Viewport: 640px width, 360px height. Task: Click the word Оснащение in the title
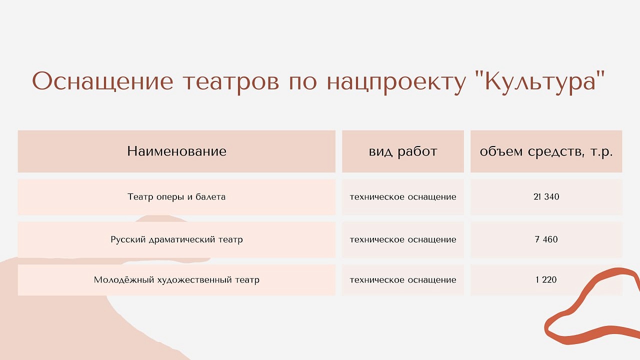[x=102, y=81]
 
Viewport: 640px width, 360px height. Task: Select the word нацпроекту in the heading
[x=396, y=83]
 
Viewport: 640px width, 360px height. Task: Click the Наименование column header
[x=176, y=151]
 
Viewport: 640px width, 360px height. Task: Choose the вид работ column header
[x=403, y=151]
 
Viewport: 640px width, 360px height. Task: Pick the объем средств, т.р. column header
[x=546, y=151]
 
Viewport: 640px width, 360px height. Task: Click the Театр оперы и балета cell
[x=176, y=197]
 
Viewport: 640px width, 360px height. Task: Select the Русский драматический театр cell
[x=176, y=239]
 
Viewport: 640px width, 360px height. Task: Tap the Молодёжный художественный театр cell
[x=176, y=279]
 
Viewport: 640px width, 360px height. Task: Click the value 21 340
[x=546, y=197]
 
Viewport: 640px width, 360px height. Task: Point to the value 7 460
[x=546, y=239]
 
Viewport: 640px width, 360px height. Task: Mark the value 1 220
[x=546, y=279]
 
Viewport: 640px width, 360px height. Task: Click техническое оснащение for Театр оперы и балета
[x=403, y=197]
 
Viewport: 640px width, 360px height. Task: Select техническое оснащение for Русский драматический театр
[x=403, y=239]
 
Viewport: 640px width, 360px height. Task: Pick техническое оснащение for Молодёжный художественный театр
[x=403, y=279]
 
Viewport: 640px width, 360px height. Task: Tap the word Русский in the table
[x=128, y=239]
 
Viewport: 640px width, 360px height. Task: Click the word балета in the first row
[x=210, y=196]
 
